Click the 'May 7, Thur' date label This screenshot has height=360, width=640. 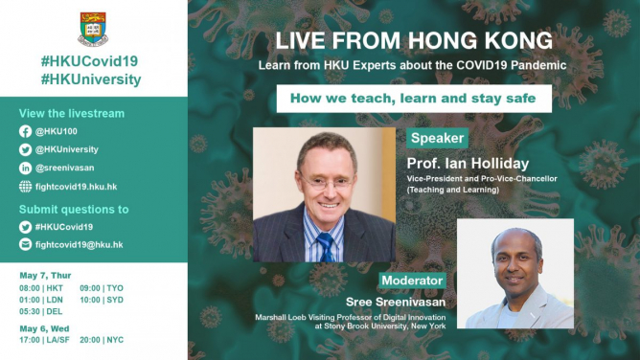(44, 275)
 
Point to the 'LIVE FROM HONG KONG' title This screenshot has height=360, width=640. (413, 41)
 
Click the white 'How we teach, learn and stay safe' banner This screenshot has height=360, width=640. (413, 99)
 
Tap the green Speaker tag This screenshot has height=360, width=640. (437, 138)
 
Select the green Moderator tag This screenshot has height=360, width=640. (412, 281)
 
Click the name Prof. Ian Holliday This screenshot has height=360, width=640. (468, 163)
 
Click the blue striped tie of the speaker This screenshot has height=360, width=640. (326, 246)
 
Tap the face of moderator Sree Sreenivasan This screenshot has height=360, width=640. (514, 256)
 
